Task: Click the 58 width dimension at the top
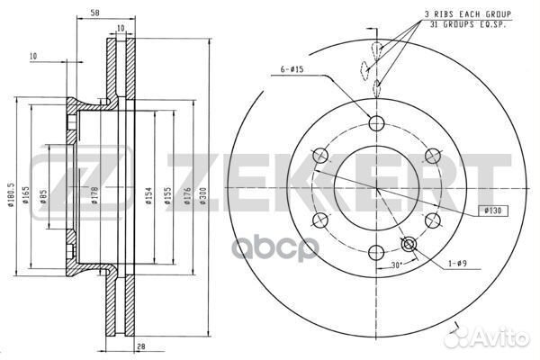click(x=94, y=13)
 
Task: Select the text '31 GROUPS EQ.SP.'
click(x=469, y=26)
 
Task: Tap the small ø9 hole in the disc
click(x=409, y=244)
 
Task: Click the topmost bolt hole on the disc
click(x=375, y=124)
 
